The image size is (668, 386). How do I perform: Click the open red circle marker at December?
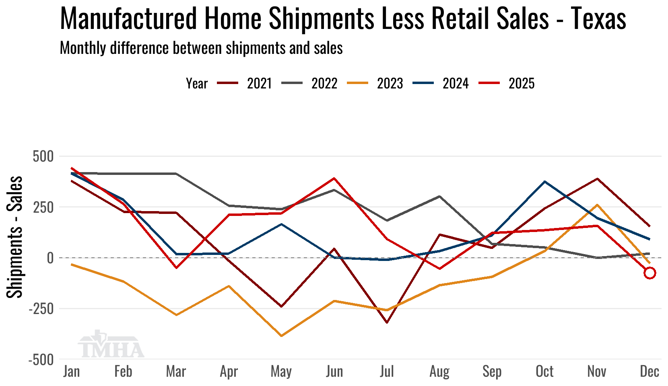[x=649, y=273]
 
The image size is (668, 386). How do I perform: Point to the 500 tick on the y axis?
[x=43, y=156]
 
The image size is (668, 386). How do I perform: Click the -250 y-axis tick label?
[x=41, y=309]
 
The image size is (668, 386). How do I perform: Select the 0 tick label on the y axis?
[x=50, y=258]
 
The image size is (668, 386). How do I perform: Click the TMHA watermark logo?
[x=111, y=345]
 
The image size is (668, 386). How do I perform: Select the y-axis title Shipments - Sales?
[x=15, y=237]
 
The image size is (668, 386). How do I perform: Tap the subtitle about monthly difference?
[x=201, y=48]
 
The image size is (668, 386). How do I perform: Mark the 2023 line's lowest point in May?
[x=281, y=336]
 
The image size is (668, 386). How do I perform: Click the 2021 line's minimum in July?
[x=387, y=322]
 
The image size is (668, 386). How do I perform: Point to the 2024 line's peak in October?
[x=544, y=182]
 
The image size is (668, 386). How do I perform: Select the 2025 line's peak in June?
[x=334, y=178]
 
